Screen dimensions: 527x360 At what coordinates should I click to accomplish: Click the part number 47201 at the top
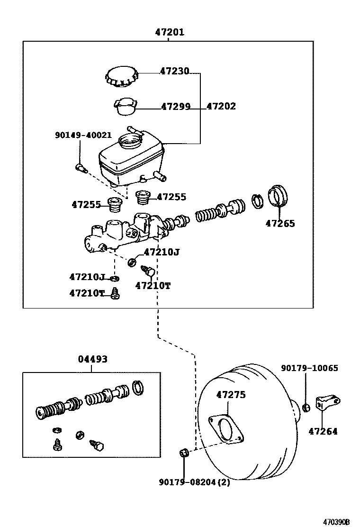tap(170, 33)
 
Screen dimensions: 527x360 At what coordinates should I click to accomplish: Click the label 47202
tap(221, 107)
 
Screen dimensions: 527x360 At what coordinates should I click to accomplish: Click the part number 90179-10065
tap(310, 368)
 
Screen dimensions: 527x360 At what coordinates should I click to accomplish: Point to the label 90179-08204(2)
tap(194, 482)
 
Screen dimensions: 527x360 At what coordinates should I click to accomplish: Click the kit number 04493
tap(92, 359)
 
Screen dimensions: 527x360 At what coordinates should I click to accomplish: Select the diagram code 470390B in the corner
tap(336, 522)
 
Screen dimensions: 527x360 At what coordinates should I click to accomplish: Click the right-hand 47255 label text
tap(171, 197)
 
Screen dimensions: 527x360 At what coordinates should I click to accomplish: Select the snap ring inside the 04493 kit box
tap(137, 387)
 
